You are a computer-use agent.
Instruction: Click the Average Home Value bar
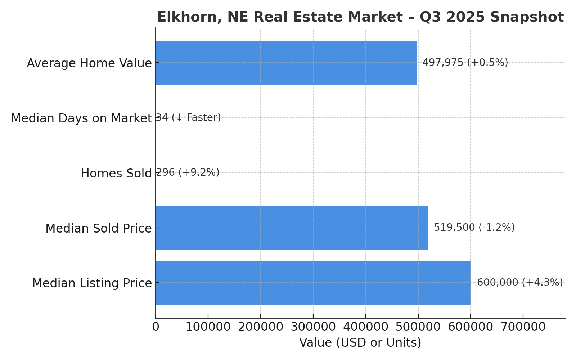pyautogui.click(x=286, y=63)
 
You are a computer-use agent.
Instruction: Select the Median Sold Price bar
pyautogui.click(x=292, y=228)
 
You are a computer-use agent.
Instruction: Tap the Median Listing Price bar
pyautogui.click(x=312, y=283)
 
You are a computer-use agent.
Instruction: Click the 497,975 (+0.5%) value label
pyautogui.click(x=465, y=63)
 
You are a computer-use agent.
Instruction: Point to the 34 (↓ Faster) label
pyautogui.click(x=188, y=118)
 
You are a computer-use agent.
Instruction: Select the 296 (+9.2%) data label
pyautogui.click(x=187, y=172)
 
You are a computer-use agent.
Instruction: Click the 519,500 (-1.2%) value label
pyautogui.click(x=474, y=228)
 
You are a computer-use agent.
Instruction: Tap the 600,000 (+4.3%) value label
pyautogui.click(x=519, y=283)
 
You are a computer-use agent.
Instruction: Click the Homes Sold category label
pyautogui.click(x=116, y=174)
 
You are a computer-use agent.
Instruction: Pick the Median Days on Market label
pyautogui.click(x=81, y=118)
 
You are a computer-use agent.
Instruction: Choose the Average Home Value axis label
pyautogui.click(x=89, y=63)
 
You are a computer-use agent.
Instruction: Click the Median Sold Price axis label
pyautogui.click(x=98, y=229)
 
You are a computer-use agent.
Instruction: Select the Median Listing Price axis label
pyautogui.click(x=92, y=283)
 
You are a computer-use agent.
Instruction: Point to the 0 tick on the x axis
pyautogui.click(x=156, y=327)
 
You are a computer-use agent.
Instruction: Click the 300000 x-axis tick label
pyautogui.click(x=313, y=327)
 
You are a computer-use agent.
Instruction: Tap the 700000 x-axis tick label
pyautogui.click(x=523, y=327)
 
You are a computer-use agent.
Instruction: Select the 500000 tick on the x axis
pyautogui.click(x=418, y=327)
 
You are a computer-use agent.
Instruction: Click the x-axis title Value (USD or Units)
pyautogui.click(x=360, y=343)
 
